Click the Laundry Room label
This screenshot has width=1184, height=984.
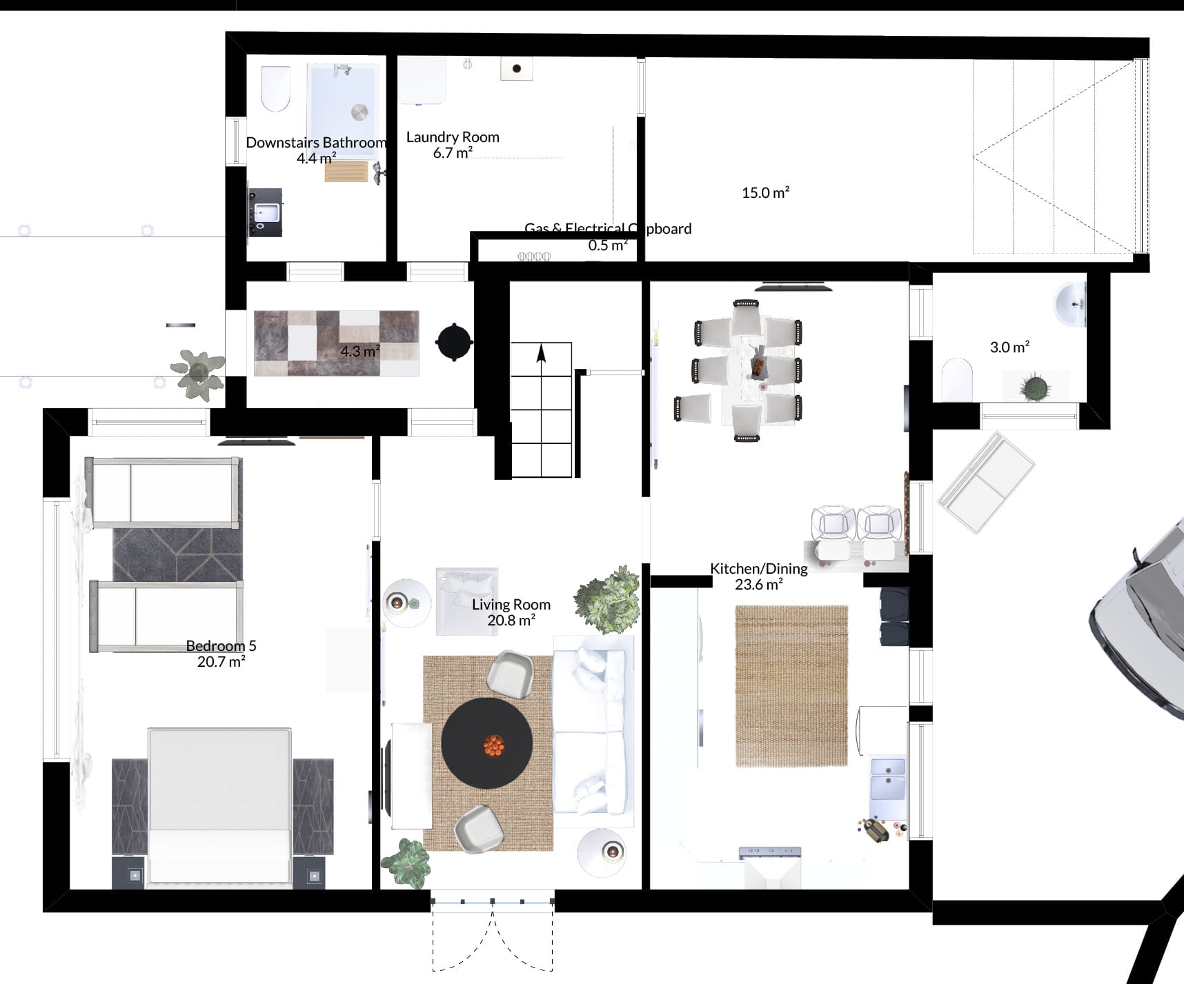[453, 137]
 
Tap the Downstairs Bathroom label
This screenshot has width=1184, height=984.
[316, 143]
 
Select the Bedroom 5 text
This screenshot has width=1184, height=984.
[221, 646]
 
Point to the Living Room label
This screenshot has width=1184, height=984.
[511, 605]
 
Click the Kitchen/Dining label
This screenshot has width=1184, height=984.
[759, 569]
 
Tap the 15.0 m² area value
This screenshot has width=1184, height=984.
[765, 193]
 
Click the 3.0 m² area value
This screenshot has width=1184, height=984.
[1009, 348]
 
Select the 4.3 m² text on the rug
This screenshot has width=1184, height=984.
[360, 352]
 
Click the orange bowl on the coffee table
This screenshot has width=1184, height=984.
[493, 745]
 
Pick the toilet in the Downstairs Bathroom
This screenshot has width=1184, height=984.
[275, 89]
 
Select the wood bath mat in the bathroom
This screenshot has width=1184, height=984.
[346, 171]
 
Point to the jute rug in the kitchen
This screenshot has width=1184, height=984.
[791, 686]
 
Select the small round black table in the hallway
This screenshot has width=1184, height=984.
[455, 342]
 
